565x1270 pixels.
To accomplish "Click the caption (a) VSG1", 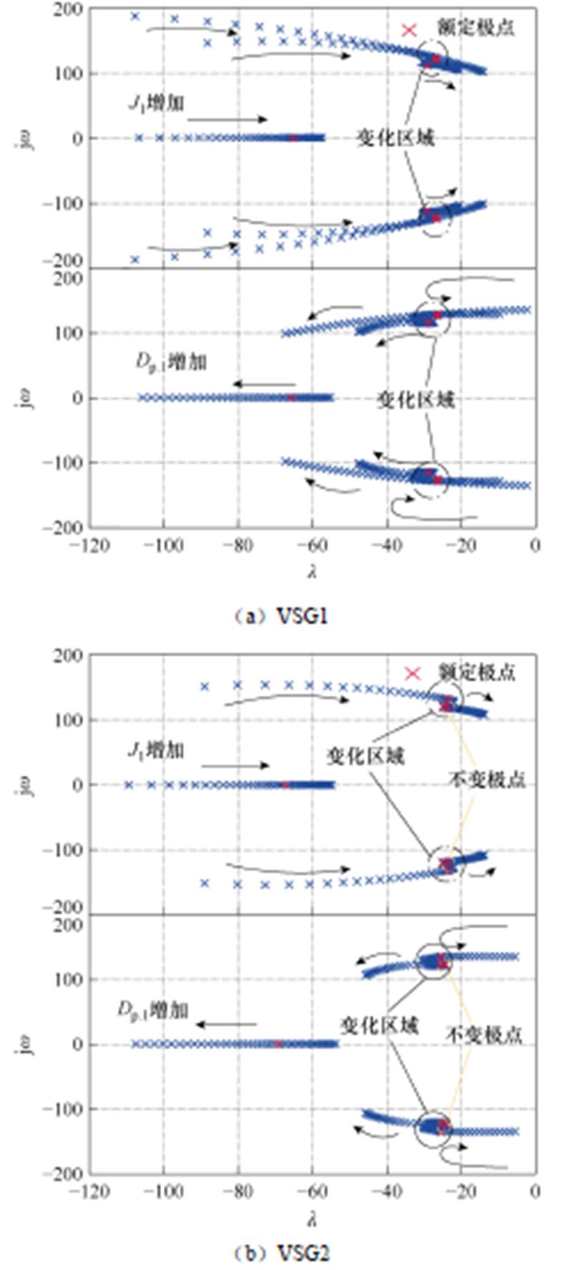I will click(x=281, y=616).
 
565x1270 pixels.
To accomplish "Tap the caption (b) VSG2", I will click(x=281, y=1252).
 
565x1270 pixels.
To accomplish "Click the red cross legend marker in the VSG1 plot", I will click(x=409, y=30).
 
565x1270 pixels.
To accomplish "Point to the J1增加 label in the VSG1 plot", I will click(x=156, y=103).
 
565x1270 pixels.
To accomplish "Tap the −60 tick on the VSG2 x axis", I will click(x=313, y=1191).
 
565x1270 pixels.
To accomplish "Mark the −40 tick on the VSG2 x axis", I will click(x=387, y=1191).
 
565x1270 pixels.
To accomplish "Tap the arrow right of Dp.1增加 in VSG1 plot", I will click(x=264, y=385).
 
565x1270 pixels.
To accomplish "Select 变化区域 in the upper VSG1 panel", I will click(x=395, y=138).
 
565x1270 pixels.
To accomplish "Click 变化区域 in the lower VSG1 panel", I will click(x=416, y=399).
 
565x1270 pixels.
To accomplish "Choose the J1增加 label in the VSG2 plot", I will click(x=156, y=751).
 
